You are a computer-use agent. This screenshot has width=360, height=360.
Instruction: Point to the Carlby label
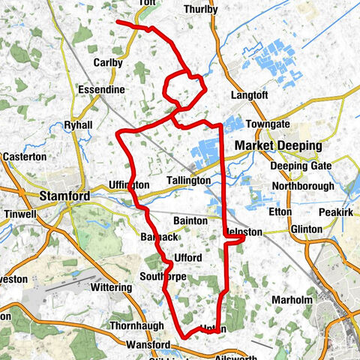(x=108, y=63)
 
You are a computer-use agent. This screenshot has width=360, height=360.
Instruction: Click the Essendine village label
(x=100, y=89)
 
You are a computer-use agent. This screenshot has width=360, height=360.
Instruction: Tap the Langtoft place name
(x=249, y=96)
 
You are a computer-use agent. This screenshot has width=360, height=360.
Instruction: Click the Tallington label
(x=190, y=181)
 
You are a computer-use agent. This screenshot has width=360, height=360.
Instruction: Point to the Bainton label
(x=189, y=221)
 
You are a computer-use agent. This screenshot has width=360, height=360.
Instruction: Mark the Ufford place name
(x=187, y=258)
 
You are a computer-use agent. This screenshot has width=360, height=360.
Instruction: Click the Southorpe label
(x=163, y=277)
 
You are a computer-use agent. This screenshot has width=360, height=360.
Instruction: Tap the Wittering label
(x=111, y=287)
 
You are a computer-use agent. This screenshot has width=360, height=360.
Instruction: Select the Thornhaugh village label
(x=110, y=327)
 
